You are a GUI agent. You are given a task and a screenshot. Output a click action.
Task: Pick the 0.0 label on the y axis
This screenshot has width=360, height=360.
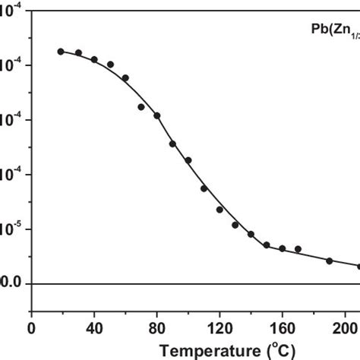tap(9, 283)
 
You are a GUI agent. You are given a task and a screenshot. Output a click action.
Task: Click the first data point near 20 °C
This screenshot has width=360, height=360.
tap(61, 51)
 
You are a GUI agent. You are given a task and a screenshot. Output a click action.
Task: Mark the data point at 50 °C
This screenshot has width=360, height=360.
tap(110, 65)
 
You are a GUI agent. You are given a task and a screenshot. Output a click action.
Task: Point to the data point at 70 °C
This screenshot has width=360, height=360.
tap(141, 107)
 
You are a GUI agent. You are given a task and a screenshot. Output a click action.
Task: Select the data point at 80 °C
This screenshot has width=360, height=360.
tap(157, 115)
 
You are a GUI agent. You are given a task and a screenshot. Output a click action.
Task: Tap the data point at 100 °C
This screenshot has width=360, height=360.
tap(188, 160)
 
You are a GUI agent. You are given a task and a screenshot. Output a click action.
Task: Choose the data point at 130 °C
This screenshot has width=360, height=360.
tap(235, 225)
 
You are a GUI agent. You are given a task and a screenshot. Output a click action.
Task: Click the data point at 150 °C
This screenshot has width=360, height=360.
tap(267, 245)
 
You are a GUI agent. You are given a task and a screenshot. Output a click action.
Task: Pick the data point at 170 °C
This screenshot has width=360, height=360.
tap(298, 249)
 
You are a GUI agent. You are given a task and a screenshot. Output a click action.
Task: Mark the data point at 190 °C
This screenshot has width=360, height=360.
tap(330, 261)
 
